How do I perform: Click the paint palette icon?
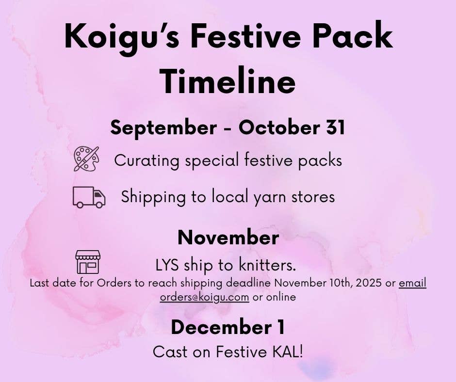[x=86, y=159]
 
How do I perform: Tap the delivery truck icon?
[x=89, y=197]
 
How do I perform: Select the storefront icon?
[x=88, y=262]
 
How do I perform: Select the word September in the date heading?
[x=163, y=127]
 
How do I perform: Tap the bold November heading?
[x=228, y=238]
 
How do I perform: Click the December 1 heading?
[x=228, y=327]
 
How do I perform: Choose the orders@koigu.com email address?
[x=204, y=297]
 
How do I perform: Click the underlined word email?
[x=412, y=283]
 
